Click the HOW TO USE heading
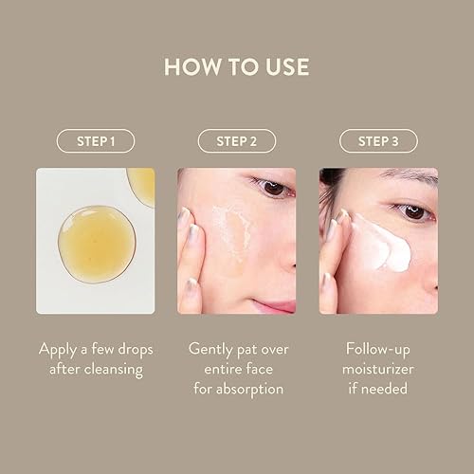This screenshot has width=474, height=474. click(x=237, y=68)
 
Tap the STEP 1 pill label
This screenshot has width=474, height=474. click(x=95, y=141)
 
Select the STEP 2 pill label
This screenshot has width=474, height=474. click(x=236, y=141)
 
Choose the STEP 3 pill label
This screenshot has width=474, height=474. click(x=378, y=141)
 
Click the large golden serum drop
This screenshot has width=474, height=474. click(x=85, y=238)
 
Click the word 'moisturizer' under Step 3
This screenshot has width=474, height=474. click(x=378, y=368)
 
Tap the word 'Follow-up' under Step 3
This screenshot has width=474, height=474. click(x=378, y=348)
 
